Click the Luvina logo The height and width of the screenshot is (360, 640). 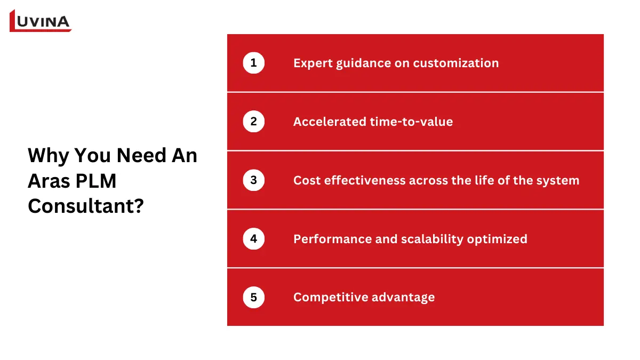coord(41,21)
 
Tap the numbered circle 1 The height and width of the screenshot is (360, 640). coord(253,63)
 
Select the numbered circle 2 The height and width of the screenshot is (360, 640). coord(253,122)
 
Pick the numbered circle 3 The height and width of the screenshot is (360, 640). coord(253,180)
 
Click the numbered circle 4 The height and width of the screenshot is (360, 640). coord(253,239)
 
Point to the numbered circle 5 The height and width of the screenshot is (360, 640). coord(253,297)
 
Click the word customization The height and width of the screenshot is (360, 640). coord(455,63)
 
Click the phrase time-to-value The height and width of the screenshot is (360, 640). coord(412,122)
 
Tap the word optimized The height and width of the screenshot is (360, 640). coord(497,239)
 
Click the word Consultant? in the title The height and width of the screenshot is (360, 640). coord(85,206)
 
